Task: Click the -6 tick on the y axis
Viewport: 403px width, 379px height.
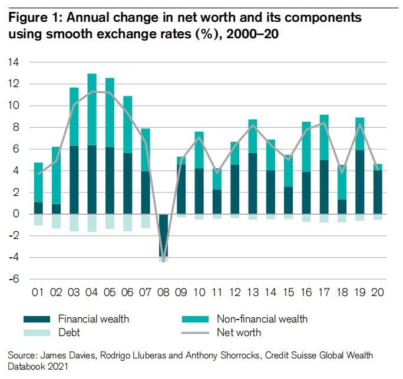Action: point(14,279)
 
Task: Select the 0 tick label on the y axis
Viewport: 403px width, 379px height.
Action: point(16,214)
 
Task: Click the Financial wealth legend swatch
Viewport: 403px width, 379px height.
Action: point(37,319)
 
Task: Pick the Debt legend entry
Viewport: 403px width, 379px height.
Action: point(69,332)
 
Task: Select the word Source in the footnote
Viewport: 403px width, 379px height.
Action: point(22,355)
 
